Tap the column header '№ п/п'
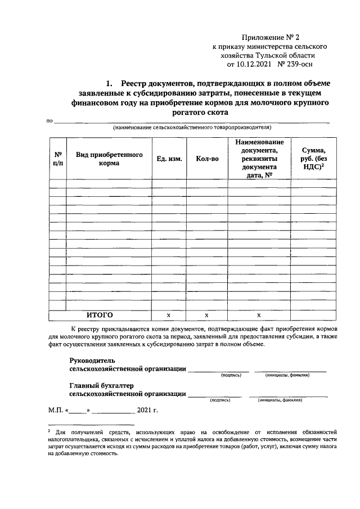point(57,159)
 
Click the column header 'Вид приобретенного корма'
point(109,159)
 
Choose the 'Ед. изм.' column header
point(169,159)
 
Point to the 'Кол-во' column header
point(207,159)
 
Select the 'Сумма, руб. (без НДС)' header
point(313,159)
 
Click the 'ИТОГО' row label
point(100,314)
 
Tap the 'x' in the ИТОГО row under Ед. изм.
point(169,315)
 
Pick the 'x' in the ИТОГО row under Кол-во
point(207,315)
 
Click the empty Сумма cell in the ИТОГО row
point(313,315)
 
